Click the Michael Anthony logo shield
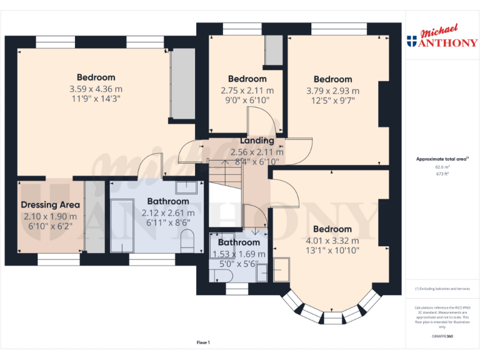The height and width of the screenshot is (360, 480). click(x=411, y=42)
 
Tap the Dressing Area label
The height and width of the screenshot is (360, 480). click(x=51, y=205)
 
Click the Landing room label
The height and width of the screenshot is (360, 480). click(x=257, y=141)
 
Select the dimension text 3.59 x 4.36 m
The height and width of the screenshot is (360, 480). click(x=96, y=89)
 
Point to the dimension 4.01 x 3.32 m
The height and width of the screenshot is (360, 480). click(x=332, y=240)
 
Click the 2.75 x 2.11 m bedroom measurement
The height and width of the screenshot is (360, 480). click(x=247, y=90)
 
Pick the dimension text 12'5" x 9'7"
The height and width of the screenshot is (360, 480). click(x=332, y=101)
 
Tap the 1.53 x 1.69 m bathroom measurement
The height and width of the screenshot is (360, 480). click(x=239, y=254)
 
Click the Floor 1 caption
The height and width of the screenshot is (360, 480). click(x=203, y=342)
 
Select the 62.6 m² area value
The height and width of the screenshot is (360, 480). click(x=442, y=167)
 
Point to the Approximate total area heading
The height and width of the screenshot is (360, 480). click(x=442, y=159)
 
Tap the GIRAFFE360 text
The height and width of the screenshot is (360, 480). click(x=442, y=336)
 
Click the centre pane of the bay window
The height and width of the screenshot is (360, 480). click(x=332, y=317)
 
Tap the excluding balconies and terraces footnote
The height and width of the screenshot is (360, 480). click(x=442, y=289)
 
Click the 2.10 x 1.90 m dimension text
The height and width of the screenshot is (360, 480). click(x=51, y=216)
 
